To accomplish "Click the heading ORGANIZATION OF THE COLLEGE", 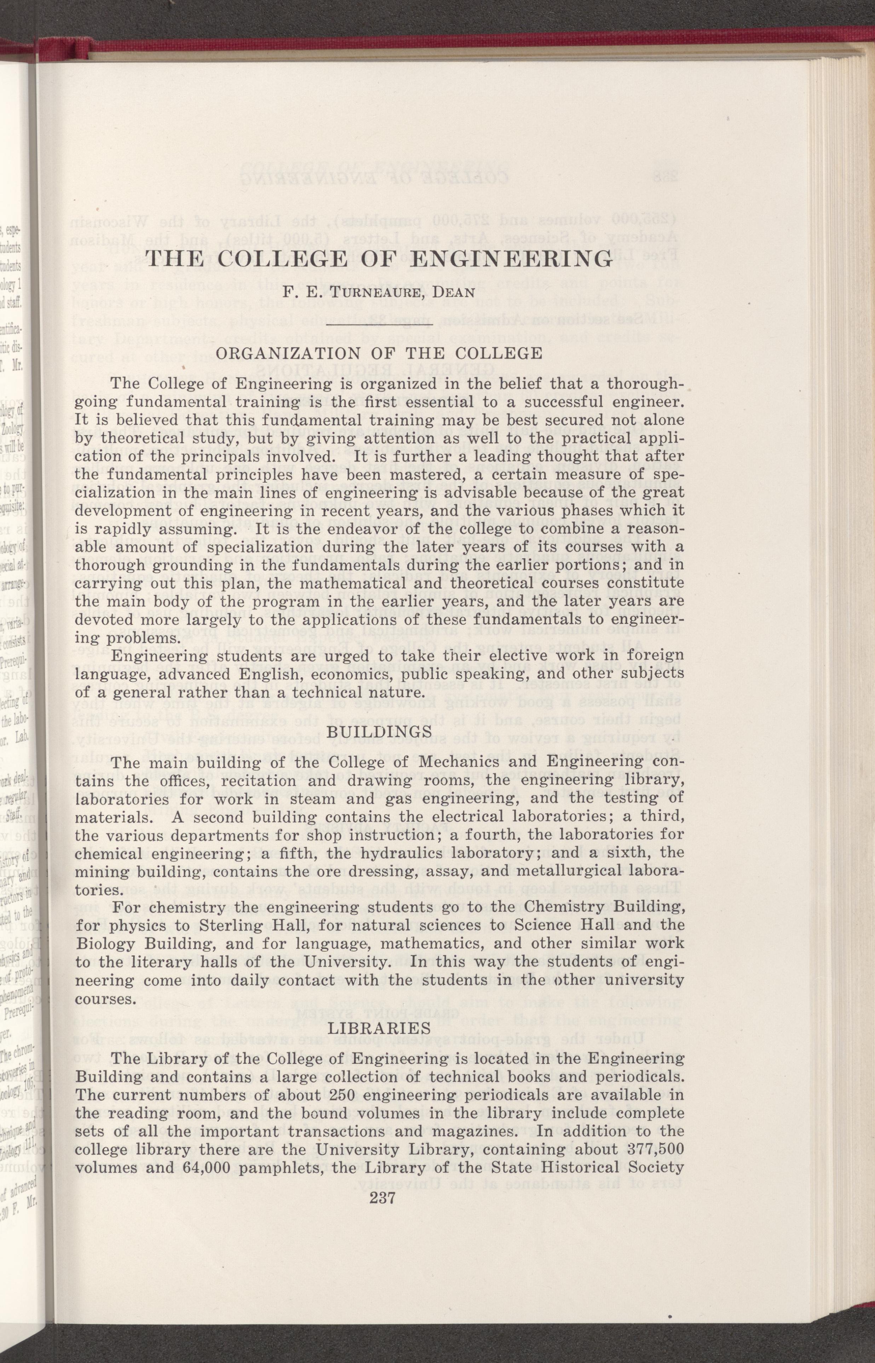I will tap(380, 353).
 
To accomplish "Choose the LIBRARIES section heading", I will tap(380, 1028).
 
